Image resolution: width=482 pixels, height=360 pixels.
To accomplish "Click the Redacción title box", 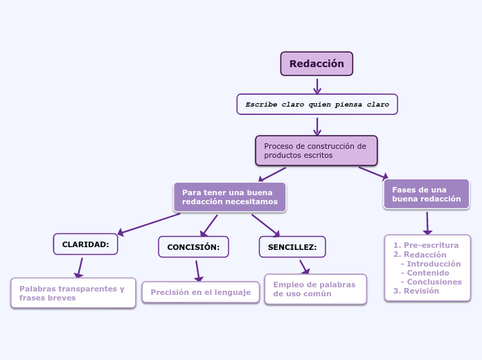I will point(316,64).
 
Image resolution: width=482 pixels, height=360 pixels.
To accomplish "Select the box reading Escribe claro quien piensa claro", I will point(317,104).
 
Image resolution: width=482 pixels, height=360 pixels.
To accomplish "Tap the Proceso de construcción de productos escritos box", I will point(316,151).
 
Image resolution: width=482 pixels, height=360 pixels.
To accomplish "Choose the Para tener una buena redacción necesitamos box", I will point(229,197).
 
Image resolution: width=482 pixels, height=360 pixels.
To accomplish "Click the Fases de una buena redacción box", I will point(426,195).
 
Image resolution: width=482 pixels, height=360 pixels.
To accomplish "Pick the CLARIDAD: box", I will point(85,244).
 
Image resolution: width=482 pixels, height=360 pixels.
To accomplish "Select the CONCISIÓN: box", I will point(193,247).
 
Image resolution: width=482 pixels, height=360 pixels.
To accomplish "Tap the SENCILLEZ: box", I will point(292,247).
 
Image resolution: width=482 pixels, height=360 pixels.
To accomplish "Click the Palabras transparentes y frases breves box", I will point(73,293).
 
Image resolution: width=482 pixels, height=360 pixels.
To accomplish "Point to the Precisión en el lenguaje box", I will point(200,292).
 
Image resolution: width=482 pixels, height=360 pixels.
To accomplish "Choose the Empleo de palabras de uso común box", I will point(315,289).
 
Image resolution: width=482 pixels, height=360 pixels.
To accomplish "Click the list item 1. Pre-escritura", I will point(426,245).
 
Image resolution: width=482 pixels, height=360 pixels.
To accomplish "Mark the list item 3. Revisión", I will point(416,291).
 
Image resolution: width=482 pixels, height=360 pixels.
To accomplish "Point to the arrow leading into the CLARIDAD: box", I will point(149,224).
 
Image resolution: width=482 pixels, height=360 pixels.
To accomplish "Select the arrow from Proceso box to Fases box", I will point(373,172).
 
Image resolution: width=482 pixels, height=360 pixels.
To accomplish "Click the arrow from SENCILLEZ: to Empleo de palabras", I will point(304,267).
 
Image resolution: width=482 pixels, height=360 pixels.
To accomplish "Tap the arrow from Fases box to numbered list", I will point(427,223).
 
